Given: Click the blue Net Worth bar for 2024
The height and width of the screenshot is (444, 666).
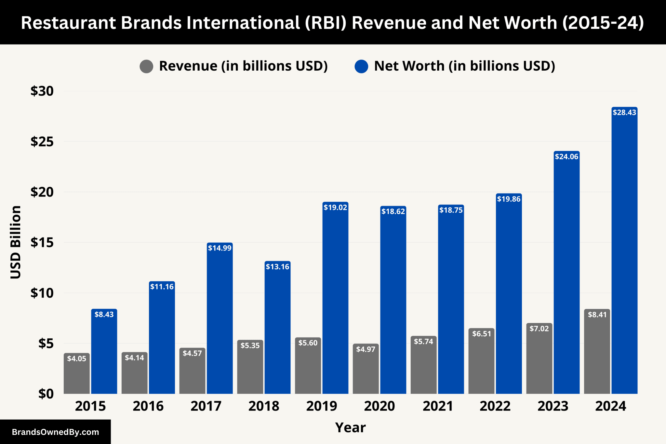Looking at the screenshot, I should coord(624,254).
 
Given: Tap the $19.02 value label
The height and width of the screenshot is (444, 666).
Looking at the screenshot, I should coord(335,208).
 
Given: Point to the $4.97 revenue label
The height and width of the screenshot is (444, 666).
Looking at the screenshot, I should coord(366,349).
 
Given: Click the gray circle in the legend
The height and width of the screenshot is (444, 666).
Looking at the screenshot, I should coord(146,66).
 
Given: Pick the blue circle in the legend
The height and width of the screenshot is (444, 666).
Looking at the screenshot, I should coord(361,66).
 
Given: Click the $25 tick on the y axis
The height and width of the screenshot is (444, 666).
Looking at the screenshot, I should coord(42,141).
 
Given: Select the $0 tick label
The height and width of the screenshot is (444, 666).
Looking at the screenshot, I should coord(46,394).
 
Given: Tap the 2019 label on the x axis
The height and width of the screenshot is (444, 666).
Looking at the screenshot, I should coord(322,406).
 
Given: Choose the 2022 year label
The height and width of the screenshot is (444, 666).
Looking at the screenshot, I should coord(495,406).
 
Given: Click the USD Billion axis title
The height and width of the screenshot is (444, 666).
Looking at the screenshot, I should coord(16,242).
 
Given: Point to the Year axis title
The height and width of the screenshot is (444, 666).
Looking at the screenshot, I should coord(350,427).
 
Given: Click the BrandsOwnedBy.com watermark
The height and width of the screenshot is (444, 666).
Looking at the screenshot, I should coord(55,432).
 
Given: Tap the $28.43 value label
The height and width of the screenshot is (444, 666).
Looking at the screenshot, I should coord(624,113).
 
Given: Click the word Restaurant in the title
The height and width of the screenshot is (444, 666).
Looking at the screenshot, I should coord(68,23).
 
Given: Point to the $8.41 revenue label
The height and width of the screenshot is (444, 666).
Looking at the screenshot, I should coord(597,315).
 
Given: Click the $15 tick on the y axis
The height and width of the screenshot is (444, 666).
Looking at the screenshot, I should coord(42,242).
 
